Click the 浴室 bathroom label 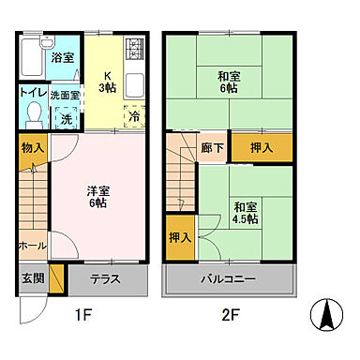click(63, 57)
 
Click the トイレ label click(32, 95)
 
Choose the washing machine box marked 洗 click(67, 119)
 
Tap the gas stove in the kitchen click(134, 47)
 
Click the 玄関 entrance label click(30, 277)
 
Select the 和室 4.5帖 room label click(247, 213)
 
